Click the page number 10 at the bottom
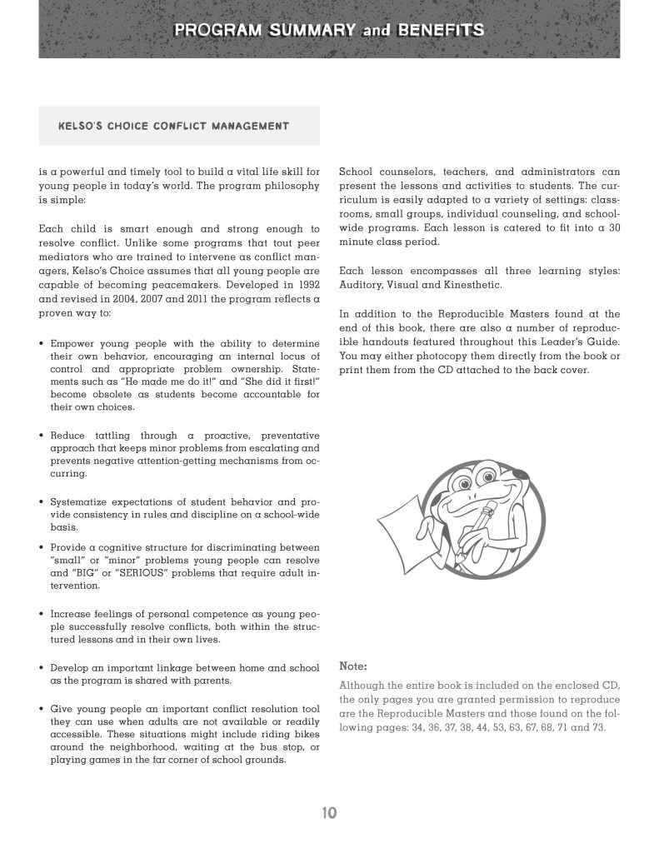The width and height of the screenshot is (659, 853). coord(329,812)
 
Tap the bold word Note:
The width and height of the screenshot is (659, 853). coord(353,666)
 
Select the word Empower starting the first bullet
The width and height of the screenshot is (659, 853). coord(72,342)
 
